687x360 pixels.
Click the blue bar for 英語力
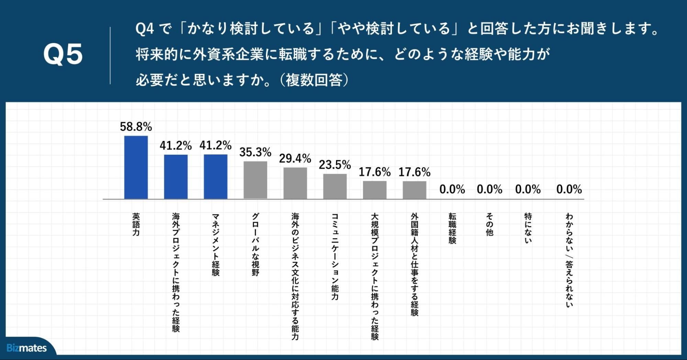[x=136, y=167]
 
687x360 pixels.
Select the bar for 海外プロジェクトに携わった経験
[x=176, y=177]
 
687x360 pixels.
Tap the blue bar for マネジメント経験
[x=215, y=177]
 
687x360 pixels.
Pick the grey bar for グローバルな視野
[x=255, y=180]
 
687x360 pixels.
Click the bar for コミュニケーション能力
[x=335, y=186]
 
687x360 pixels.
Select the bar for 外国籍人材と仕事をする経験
[x=414, y=190]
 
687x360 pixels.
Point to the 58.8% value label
[x=136, y=127]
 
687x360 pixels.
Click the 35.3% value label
[x=255, y=152]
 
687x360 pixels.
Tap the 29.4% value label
[x=295, y=159]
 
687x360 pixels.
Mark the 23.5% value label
[x=335, y=165]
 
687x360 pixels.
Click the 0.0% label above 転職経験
[x=452, y=189]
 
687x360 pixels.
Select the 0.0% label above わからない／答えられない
[x=569, y=189]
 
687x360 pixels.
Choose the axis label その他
[x=489, y=224]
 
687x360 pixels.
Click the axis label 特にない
[x=528, y=228]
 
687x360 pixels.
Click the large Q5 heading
[x=63, y=54]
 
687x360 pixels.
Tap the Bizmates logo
[x=26, y=348]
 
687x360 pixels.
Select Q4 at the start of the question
[x=144, y=29]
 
